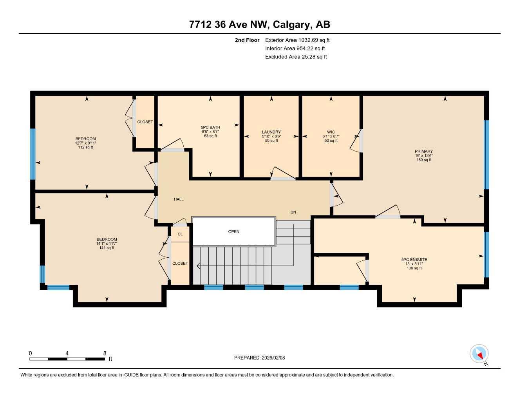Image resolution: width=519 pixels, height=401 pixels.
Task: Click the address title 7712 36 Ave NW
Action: pyautogui.click(x=259, y=24)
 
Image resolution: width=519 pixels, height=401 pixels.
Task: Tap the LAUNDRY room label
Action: pyautogui.click(x=271, y=132)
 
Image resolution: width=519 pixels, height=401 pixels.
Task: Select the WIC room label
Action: pyautogui.click(x=331, y=132)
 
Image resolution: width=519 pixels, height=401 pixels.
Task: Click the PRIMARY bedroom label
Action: pyautogui.click(x=424, y=151)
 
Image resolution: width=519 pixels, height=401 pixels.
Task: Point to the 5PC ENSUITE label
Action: pyautogui.click(x=414, y=259)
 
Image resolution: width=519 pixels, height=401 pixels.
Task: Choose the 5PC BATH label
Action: pyautogui.click(x=210, y=127)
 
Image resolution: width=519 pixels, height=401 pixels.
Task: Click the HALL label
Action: pyautogui.click(x=179, y=199)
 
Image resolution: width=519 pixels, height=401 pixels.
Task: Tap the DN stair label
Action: pyautogui.click(x=293, y=212)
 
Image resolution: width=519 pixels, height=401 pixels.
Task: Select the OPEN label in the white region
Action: pyautogui.click(x=234, y=231)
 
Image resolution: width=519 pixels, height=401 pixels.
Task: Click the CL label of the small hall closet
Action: pyautogui.click(x=180, y=234)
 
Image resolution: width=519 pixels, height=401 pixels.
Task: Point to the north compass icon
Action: pyautogui.click(x=479, y=354)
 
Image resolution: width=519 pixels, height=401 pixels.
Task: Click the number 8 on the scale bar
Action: pyautogui.click(x=105, y=353)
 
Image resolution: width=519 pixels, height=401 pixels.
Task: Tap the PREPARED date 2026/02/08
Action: pyautogui.click(x=259, y=358)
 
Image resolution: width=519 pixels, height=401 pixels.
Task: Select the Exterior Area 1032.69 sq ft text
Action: pyautogui.click(x=297, y=40)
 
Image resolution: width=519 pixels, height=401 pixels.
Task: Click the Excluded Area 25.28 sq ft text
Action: pyautogui.click(x=296, y=57)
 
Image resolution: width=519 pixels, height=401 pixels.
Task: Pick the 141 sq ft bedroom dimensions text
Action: pyautogui.click(x=107, y=244)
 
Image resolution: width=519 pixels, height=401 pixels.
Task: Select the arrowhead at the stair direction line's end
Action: pyautogui.click(x=198, y=266)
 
